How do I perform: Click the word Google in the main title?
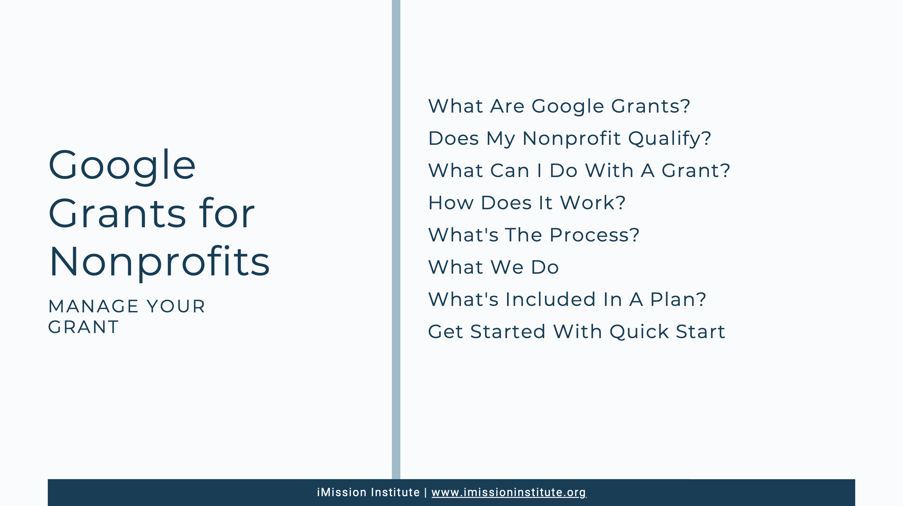coord(122,166)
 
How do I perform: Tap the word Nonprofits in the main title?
coord(160,262)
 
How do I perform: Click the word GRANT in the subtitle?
coord(83,327)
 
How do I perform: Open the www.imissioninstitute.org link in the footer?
coord(509,492)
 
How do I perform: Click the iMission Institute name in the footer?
coord(369,492)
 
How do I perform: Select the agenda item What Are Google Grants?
coord(559,106)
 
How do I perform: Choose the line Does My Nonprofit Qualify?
coord(570,138)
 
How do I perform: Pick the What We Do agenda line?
coord(493,267)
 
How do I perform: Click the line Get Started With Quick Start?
coord(576,332)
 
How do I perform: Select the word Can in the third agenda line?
coord(510,171)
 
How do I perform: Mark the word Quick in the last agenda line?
coord(639,332)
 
